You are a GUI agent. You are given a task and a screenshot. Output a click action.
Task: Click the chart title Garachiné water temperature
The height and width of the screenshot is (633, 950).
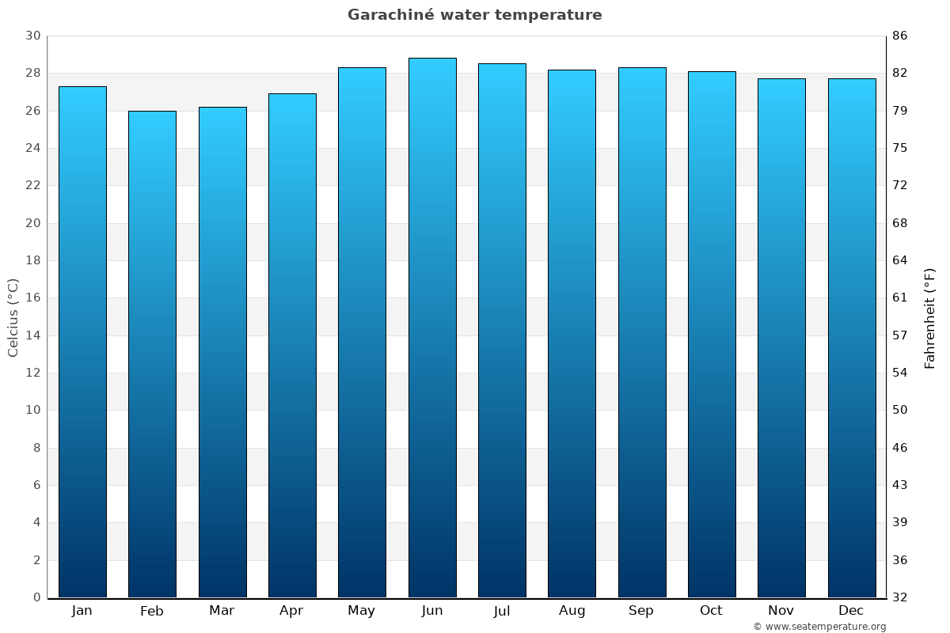point(474,15)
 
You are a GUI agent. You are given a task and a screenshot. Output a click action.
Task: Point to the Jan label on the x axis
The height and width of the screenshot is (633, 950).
point(82,611)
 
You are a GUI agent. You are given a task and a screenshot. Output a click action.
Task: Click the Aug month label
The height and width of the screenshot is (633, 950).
point(572,611)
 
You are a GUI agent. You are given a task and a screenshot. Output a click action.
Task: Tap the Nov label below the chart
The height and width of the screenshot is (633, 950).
point(781,611)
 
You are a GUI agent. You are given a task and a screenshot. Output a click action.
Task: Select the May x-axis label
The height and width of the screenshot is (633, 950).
point(362,611)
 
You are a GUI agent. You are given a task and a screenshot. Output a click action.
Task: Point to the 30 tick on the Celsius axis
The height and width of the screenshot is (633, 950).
point(32,36)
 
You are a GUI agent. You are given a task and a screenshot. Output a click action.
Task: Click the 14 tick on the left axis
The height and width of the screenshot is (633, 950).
point(32,335)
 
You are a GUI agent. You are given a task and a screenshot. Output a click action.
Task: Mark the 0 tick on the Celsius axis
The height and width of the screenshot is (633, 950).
point(36,597)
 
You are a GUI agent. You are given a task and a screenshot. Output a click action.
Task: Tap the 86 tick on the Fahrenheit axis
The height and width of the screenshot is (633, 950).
point(899,36)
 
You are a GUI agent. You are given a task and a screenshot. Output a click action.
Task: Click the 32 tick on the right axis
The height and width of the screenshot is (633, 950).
point(899,597)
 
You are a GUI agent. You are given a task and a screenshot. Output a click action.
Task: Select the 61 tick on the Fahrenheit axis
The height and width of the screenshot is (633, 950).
point(899,298)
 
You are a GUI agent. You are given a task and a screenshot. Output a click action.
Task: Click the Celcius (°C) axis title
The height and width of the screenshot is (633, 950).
point(13,317)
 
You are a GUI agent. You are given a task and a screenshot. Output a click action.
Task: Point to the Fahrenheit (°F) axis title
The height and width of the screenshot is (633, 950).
point(929,317)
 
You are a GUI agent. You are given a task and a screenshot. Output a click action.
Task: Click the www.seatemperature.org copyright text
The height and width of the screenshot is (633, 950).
point(819,627)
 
